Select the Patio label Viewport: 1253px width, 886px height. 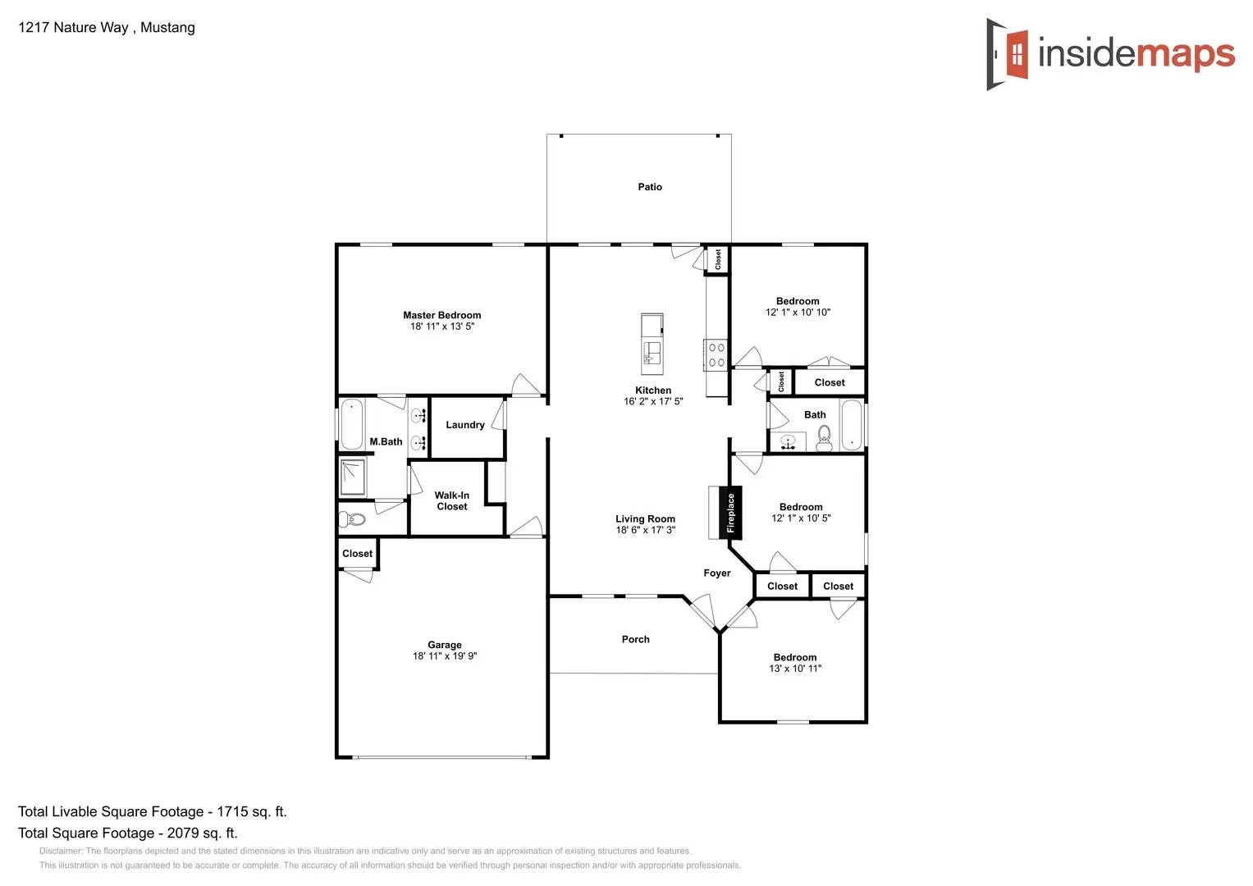click(650, 187)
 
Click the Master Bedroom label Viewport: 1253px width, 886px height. click(441, 315)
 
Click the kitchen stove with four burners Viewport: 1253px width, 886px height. click(716, 355)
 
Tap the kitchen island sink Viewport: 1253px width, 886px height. click(652, 353)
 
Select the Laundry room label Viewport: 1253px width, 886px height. click(464, 425)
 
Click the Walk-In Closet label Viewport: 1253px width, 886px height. click(451, 500)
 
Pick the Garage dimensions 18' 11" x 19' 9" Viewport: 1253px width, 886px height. click(444, 656)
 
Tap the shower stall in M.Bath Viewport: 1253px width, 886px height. click(353, 477)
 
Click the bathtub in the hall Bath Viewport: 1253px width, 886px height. click(852, 425)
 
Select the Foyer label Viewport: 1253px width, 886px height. click(716, 573)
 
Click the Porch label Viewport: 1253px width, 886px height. click(635, 639)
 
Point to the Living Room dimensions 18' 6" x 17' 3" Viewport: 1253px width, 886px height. click(645, 530)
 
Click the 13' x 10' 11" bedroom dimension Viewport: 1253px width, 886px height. click(794, 669)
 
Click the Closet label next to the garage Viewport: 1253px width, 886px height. click(357, 554)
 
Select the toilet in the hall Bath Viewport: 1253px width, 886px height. click(824, 438)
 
